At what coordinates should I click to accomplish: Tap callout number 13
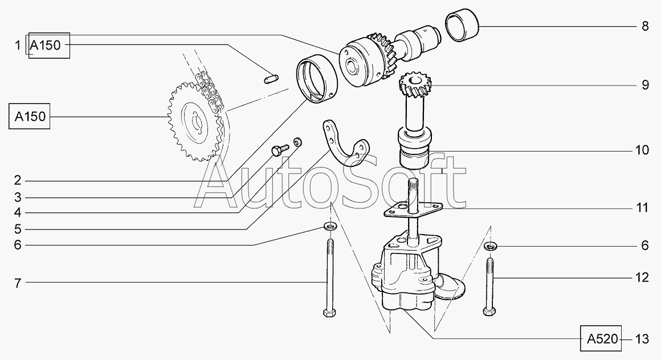click(642, 339)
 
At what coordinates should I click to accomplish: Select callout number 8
click(645, 26)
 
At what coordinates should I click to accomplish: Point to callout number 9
click(645, 85)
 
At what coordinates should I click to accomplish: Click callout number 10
click(642, 150)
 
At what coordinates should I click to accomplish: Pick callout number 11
click(642, 207)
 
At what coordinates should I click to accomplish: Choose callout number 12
click(642, 277)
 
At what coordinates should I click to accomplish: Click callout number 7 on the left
click(17, 283)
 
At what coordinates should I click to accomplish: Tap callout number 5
click(17, 230)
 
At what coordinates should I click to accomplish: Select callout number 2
click(17, 181)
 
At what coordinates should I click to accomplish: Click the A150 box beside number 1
click(49, 45)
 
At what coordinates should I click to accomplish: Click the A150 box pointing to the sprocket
click(30, 116)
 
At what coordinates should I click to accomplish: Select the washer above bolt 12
click(490, 246)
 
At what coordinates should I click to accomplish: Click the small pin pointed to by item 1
click(270, 79)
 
